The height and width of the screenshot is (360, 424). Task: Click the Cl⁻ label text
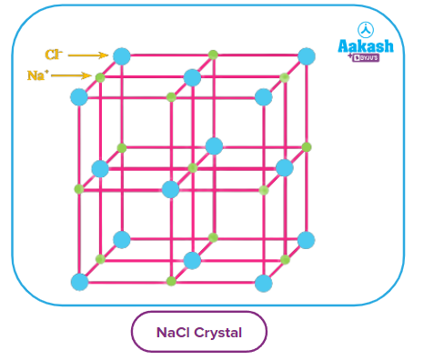point(53,55)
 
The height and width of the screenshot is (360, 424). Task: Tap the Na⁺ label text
point(36,75)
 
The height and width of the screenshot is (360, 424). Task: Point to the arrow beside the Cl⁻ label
point(87,55)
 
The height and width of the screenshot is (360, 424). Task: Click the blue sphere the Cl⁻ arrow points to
point(121,55)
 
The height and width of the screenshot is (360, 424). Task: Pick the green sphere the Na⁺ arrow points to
point(100,76)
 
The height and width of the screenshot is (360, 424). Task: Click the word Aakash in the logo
point(364,45)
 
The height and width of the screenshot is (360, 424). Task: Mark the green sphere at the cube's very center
point(192,168)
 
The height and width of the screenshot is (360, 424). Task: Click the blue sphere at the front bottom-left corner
point(79,282)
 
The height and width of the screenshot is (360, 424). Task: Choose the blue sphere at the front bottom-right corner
point(264,283)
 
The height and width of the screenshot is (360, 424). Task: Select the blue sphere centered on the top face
point(192,76)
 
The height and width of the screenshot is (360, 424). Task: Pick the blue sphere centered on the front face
point(171,189)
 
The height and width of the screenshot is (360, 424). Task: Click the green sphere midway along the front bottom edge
point(171,282)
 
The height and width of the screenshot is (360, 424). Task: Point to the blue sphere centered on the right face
point(285,168)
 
